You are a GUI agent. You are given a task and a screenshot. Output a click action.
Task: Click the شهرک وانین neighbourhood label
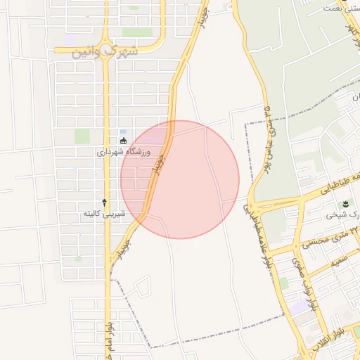pos(105,53)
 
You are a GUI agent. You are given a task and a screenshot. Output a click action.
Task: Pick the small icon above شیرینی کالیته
pos(105,202)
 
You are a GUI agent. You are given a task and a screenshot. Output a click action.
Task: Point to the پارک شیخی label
pos(341,215)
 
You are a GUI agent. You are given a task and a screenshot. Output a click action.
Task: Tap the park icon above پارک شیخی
pos(345,204)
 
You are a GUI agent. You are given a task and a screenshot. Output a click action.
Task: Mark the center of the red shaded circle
pos(180,179)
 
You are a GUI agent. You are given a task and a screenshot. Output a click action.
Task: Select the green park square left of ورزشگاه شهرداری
pos(82,136)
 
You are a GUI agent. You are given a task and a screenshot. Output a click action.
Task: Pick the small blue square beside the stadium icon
pos(124,131)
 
